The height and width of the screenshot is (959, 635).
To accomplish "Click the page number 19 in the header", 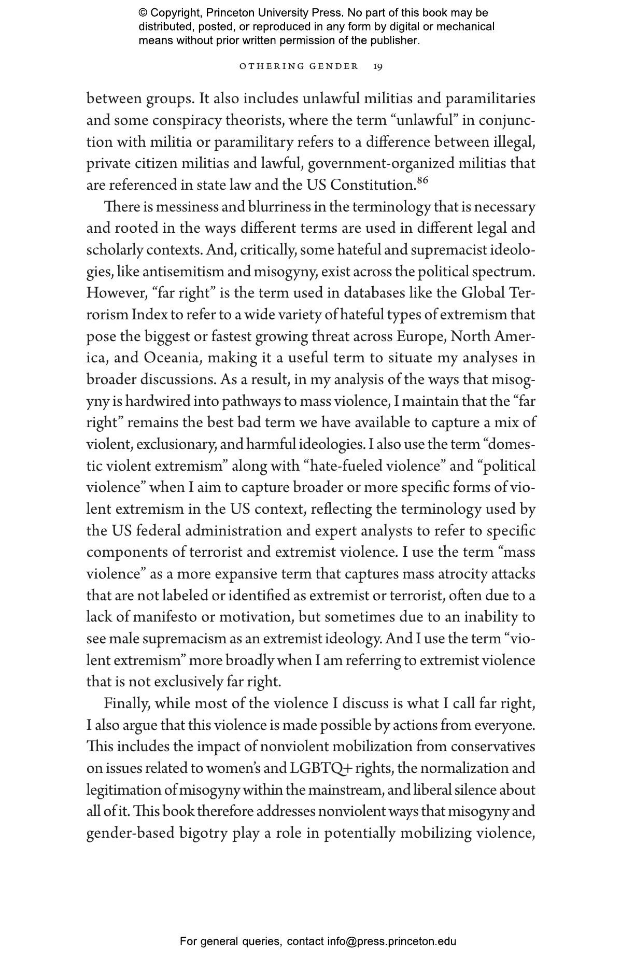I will tap(378, 66).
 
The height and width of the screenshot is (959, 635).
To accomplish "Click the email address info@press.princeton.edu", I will tap(391, 941).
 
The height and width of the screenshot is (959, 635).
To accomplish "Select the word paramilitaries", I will tap(490, 98).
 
